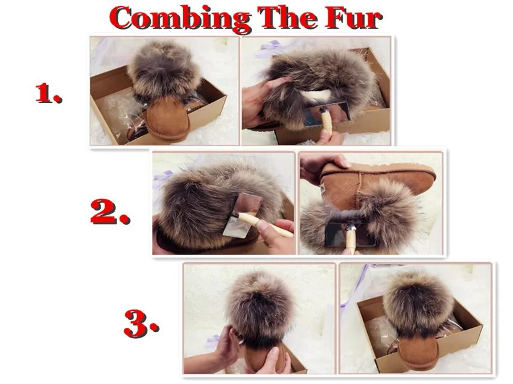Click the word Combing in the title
[x=179, y=18]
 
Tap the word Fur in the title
[x=353, y=18]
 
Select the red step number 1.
[x=48, y=93]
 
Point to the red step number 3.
[x=141, y=324]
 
